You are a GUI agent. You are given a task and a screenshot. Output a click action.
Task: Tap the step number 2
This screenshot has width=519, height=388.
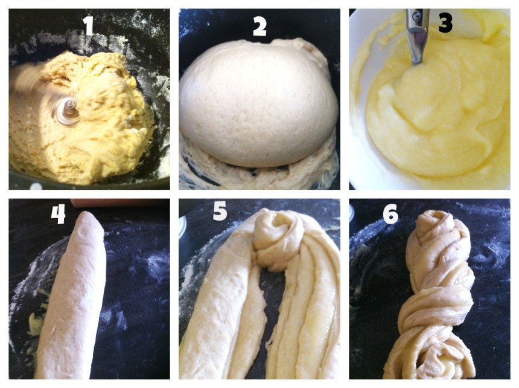coord(259,26)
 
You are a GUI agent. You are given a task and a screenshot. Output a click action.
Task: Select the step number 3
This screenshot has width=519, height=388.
coord(445,23)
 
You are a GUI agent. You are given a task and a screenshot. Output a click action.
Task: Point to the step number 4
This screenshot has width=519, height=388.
coord(58,214)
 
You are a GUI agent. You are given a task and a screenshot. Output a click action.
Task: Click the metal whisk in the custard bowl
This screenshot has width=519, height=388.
coord(416,36)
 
